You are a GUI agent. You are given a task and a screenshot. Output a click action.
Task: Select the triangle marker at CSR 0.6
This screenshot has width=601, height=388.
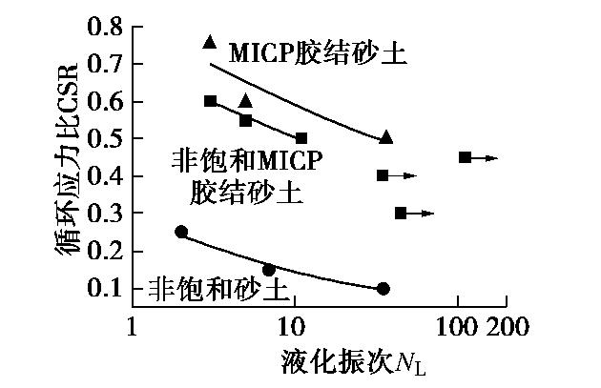[245, 100]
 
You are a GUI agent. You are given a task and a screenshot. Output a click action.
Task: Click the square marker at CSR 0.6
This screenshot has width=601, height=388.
[211, 100]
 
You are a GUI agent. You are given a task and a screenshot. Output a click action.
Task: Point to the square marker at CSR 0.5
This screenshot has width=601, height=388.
[301, 138]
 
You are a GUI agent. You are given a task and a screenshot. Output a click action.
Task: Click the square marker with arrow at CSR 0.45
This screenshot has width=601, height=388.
[465, 156]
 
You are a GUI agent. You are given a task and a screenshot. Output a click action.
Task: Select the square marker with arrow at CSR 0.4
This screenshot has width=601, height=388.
[383, 175]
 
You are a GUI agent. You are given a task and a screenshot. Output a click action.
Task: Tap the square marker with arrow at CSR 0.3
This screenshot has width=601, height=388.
[401, 213]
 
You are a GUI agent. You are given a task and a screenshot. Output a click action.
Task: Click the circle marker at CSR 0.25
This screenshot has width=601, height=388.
[181, 232]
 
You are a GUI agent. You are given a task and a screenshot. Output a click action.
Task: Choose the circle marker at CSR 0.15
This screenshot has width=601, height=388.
[269, 270]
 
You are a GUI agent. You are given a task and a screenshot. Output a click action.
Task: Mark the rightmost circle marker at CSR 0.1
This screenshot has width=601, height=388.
[383, 288]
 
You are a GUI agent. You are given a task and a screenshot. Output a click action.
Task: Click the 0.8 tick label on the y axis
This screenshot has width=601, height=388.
[105, 26]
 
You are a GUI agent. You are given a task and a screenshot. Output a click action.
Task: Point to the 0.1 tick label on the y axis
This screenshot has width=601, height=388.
[105, 288]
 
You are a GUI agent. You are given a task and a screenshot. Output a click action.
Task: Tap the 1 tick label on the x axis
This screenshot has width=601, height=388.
[131, 329]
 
